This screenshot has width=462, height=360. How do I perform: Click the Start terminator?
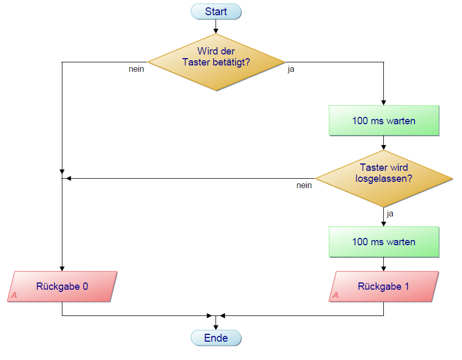click(216, 12)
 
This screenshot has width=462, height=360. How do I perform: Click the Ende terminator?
click(216, 338)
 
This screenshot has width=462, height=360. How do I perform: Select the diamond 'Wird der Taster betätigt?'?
click(216, 62)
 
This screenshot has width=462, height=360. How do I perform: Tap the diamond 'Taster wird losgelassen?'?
click(384, 179)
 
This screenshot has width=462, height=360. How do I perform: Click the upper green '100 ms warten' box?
click(384, 121)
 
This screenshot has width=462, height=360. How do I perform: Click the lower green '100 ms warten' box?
click(384, 242)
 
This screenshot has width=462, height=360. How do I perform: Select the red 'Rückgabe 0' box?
click(62, 287)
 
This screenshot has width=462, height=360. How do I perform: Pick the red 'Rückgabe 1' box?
click(384, 287)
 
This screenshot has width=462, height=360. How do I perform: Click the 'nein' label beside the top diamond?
click(136, 69)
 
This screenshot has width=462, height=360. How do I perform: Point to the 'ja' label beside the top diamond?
click(291, 69)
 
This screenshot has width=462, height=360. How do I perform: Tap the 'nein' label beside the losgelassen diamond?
click(304, 185)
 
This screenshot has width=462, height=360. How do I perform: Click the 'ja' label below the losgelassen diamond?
click(390, 214)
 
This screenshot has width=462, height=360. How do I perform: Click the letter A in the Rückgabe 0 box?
click(14, 296)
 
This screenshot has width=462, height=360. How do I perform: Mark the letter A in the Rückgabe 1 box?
click(336, 296)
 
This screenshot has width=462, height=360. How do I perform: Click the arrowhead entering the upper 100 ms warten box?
click(384, 103)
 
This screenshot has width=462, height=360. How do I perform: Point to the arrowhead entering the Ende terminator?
click(216, 327)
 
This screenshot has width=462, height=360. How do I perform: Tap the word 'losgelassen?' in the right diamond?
click(384, 178)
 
